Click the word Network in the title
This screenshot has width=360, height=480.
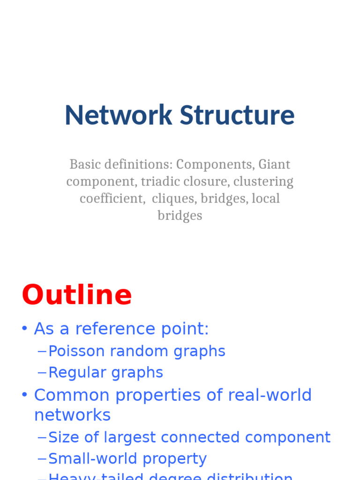(x=119, y=115)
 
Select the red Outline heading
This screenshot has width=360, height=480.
(x=77, y=295)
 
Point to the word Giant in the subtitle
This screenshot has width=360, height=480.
(x=274, y=165)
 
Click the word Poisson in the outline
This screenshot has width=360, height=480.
(x=77, y=351)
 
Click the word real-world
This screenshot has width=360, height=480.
(x=270, y=395)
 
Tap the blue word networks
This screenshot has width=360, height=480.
(x=72, y=415)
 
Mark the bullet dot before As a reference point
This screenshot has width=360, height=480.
(x=24, y=329)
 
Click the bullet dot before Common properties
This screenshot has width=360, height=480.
(x=24, y=395)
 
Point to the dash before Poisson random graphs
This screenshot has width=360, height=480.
(x=42, y=351)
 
